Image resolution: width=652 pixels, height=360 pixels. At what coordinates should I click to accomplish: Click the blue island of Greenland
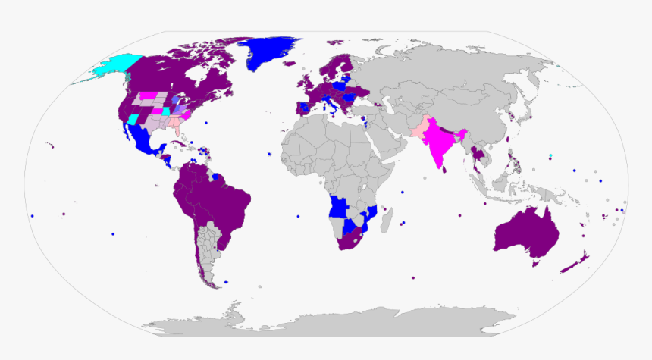tap(269, 53)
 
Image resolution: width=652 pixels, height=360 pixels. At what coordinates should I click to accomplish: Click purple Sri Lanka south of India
tap(449, 171)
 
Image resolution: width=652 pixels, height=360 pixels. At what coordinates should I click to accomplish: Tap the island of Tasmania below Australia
tap(537, 264)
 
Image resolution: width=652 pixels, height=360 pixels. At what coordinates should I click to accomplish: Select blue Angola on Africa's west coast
tap(337, 207)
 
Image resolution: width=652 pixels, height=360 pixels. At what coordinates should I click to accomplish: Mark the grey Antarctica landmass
tap(341, 326)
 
